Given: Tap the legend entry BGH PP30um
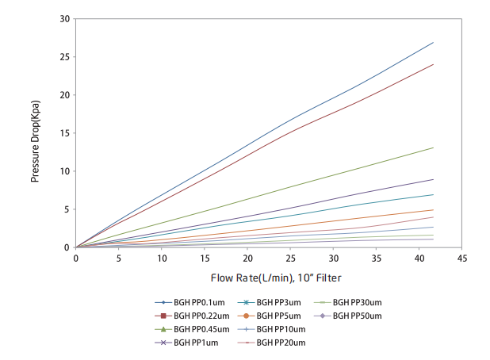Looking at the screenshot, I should click(357, 302).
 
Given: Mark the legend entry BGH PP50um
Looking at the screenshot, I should click(357, 316).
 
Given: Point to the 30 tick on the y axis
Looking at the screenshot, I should click(65, 18).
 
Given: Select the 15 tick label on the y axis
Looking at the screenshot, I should click(65, 132).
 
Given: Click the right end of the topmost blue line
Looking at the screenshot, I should click(434, 42).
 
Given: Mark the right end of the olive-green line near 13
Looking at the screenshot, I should click(434, 147).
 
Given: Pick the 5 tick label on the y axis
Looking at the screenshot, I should click(67, 209).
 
